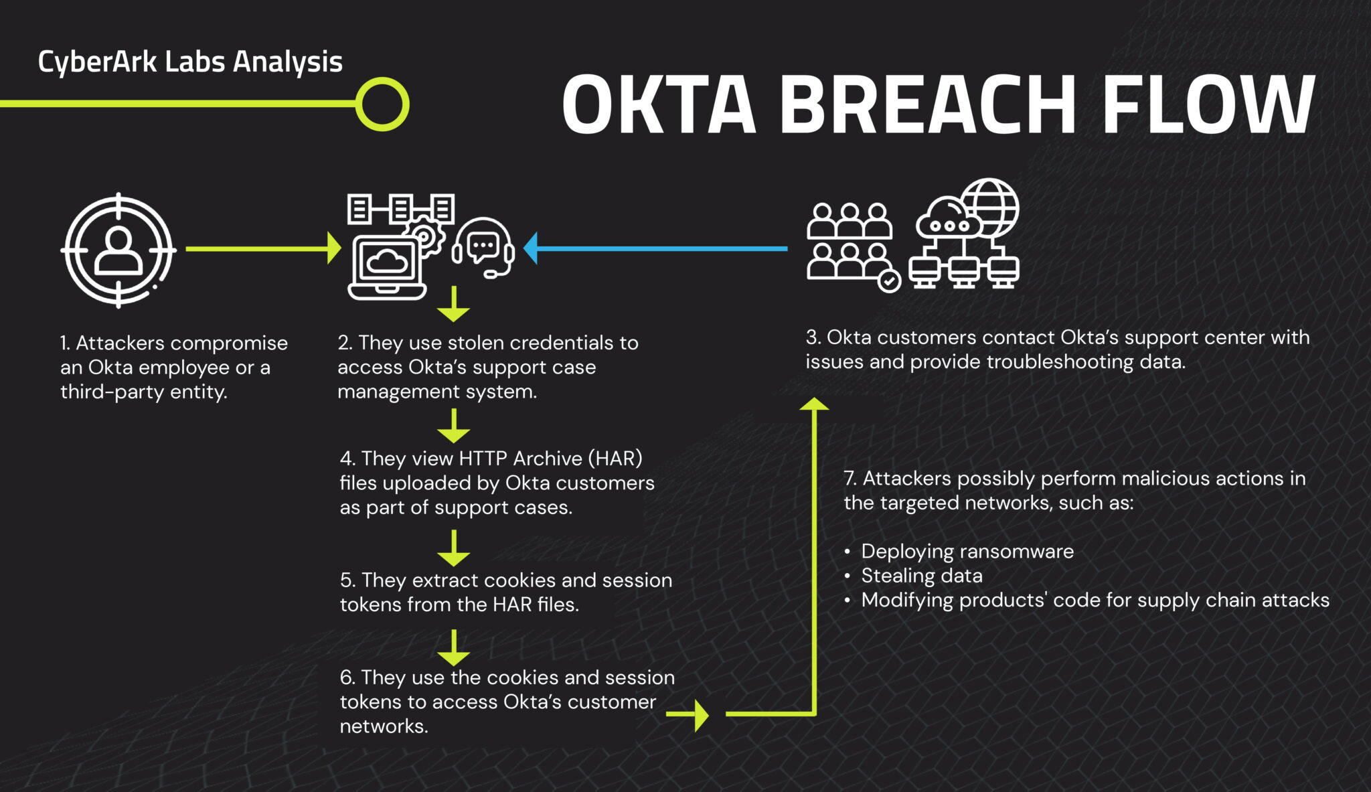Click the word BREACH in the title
pos(927,105)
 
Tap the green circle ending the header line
pos(382,104)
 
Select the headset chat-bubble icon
pos(483,247)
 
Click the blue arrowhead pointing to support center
pos(531,248)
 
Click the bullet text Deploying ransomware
pos(967,552)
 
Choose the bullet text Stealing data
pos(921,576)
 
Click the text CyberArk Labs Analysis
pos(190,62)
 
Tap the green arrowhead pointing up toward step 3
pos(814,403)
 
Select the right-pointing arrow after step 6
pos(689,715)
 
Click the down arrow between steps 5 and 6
pos(454,647)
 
